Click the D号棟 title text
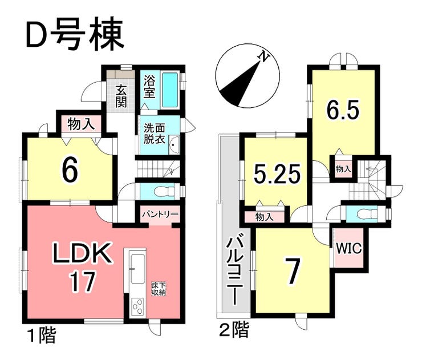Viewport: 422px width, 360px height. (75, 34)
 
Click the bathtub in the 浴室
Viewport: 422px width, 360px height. (170, 90)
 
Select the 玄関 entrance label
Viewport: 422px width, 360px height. (121, 96)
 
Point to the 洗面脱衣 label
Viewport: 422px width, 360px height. (154, 134)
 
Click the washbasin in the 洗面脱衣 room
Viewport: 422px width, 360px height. (174, 145)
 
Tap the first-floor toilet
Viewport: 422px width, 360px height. (164, 192)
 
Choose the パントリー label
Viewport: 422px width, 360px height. (160, 215)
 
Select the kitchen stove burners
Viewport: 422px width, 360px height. (137, 306)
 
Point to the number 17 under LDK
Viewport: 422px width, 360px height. (82, 281)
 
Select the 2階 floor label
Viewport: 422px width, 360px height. (234, 330)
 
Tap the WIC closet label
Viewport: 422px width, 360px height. (350, 248)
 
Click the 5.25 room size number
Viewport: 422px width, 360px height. (277, 173)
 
